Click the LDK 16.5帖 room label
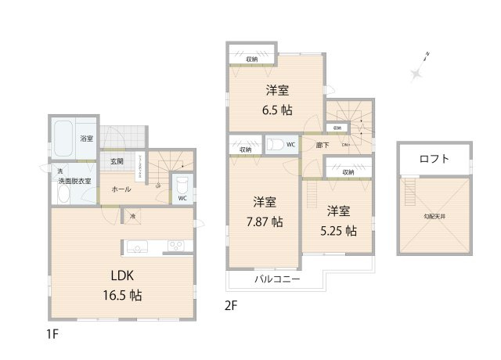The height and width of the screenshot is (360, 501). coord(124,286)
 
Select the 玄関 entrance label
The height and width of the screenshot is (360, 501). coord(117,161)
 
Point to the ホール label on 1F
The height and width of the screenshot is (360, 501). coord(121,189)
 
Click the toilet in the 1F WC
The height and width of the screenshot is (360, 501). coord(181,185)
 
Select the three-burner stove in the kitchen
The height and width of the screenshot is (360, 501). coord(175,247)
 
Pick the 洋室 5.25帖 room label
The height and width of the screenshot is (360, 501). coord(338,221)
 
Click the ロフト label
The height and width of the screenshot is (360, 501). coord(434,159)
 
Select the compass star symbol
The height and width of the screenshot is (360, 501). coord(416,73)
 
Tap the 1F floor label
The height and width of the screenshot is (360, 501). coord(52,333)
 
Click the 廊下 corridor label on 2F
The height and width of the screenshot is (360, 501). coord(301,145)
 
